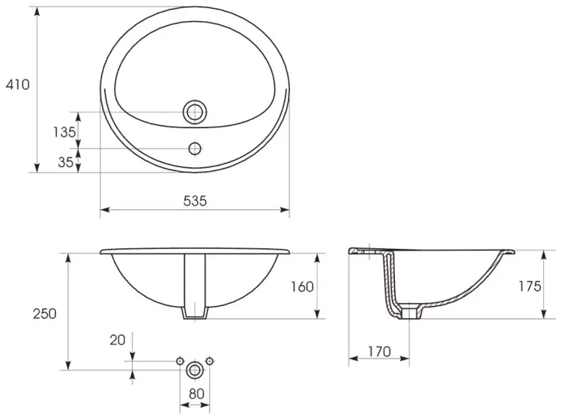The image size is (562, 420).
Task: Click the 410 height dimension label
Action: (17, 85)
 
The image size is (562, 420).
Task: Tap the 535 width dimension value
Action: (195, 201)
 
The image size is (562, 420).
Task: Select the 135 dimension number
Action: (64, 132)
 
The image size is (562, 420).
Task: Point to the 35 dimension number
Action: (66, 162)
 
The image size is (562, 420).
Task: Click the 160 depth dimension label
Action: (302, 286)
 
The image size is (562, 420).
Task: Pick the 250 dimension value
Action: (45, 313)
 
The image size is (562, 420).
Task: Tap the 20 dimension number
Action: (117, 340)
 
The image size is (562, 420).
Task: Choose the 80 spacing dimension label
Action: (196, 394)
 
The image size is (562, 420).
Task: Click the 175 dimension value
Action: (530, 286)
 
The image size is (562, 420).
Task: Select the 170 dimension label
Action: (379, 352)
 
